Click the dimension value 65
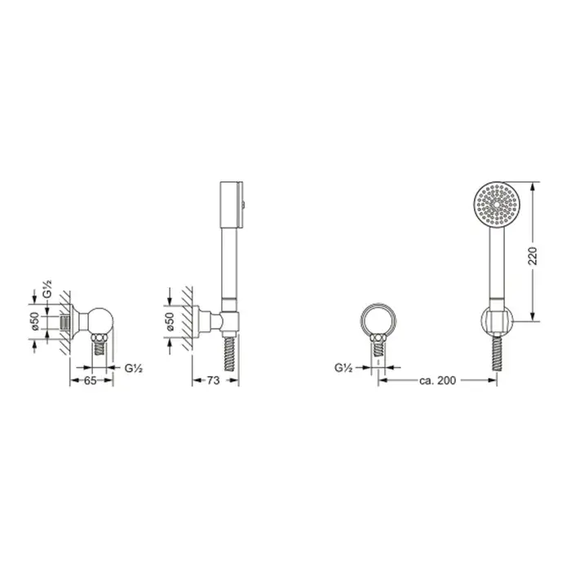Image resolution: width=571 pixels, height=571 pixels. coord(91,380)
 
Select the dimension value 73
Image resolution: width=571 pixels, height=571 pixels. coord(214,380)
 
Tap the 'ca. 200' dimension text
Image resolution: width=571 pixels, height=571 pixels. coord(437,380)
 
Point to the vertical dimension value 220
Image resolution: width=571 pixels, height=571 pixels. coord(533,256)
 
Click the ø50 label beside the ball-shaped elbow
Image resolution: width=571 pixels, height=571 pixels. coord(36,321)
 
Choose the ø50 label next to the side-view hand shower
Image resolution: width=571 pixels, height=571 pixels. coord(170,322)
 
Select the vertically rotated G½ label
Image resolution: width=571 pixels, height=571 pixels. coord(47,290)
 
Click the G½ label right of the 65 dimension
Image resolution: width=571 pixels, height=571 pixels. coord(134,368)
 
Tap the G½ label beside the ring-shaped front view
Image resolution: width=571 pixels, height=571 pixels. coord(343,368)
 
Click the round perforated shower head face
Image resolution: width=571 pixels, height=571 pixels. coord(497,205)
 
